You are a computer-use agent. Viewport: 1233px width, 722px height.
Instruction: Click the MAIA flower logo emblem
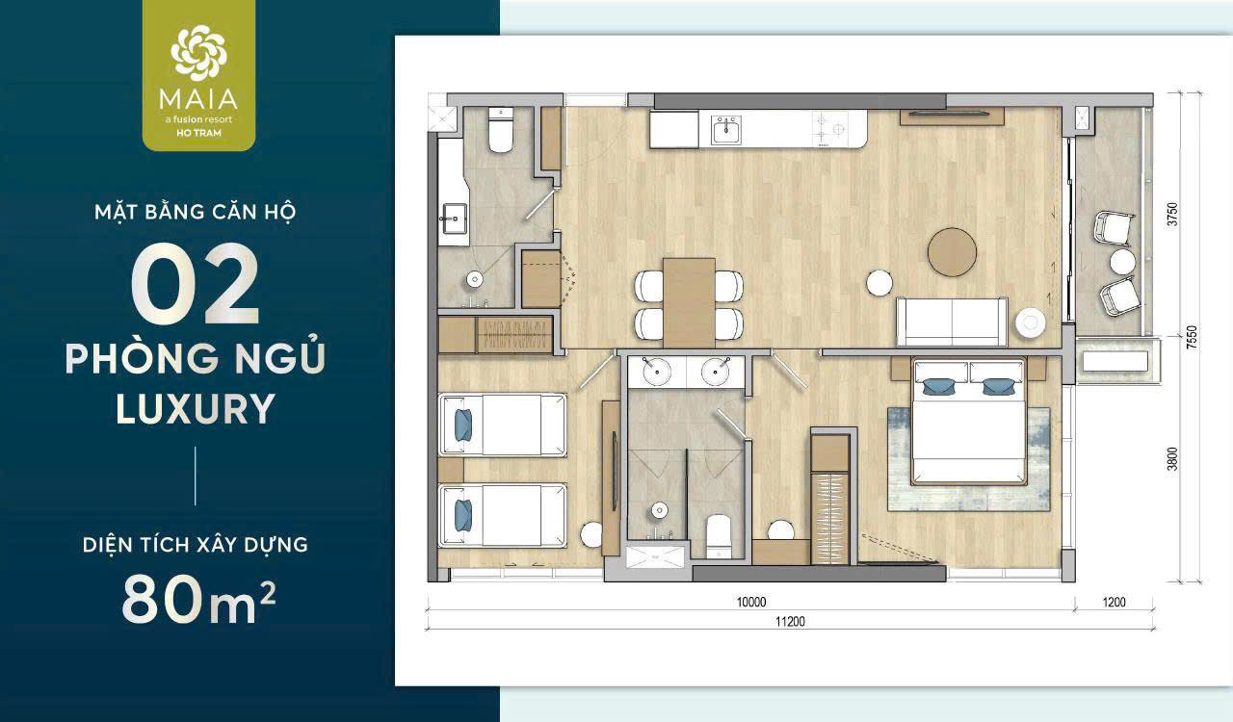(x=198, y=53)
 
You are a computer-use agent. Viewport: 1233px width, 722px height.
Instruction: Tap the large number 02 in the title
(x=196, y=284)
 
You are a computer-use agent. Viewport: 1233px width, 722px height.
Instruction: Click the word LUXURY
(x=196, y=408)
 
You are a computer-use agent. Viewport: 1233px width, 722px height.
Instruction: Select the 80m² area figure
(x=198, y=598)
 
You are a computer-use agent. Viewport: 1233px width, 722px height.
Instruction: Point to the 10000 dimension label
(x=751, y=602)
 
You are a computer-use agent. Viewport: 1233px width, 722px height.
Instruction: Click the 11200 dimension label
(x=790, y=622)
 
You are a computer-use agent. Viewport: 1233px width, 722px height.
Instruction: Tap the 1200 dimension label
(x=1114, y=602)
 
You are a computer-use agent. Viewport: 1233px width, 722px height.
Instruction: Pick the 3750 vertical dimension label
(x=1173, y=214)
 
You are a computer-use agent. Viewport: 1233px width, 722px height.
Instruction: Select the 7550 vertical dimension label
(x=1192, y=337)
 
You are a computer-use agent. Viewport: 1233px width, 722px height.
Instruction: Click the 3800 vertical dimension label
(x=1173, y=459)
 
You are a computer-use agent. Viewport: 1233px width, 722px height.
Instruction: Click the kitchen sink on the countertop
(x=726, y=129)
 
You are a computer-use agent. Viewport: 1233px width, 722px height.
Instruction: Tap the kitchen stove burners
(x=829, y=129)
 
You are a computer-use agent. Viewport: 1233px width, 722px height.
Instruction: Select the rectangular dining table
(x=689, y=302)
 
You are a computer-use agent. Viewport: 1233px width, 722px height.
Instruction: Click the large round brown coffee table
(x=952, y=252)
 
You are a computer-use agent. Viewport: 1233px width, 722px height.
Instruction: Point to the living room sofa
(x=952, y=322)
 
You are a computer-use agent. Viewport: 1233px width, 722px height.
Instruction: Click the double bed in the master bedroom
(x=969, y=422)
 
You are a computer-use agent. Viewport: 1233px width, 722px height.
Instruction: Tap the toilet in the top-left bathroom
(x=501, y=130)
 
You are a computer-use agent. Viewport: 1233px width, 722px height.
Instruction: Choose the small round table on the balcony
(x=1122, y=262)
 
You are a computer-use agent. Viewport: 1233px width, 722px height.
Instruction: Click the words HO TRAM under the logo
(x=198, y=133)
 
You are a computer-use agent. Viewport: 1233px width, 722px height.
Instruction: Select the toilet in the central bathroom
(x=718, y=536)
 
